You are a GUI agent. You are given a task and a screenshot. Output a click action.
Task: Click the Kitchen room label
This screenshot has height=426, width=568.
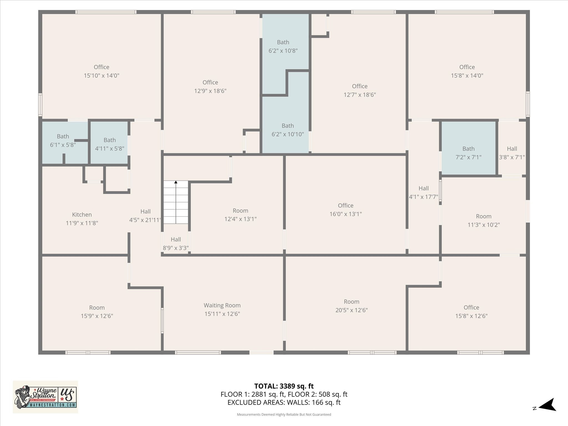click(82, 215)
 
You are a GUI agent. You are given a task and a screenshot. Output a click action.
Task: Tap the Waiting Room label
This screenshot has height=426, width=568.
click(222, 305)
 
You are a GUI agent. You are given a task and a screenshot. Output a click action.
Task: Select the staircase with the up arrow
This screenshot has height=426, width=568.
click(176, 202)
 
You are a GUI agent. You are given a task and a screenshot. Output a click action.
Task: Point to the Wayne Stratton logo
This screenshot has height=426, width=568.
click(45, 397)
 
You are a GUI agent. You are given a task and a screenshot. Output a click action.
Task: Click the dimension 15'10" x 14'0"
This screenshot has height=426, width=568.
click(102, 75)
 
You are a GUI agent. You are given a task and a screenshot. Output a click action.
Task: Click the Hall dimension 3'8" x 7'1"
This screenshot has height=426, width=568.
click(512, 157)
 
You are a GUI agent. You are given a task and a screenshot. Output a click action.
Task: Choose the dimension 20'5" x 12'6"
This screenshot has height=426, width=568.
click(351, 310)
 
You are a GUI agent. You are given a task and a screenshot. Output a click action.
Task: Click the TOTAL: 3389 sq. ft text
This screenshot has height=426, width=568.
click(284, 386)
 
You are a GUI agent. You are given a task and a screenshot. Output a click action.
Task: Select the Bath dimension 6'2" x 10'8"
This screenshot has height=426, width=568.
click(283, 51)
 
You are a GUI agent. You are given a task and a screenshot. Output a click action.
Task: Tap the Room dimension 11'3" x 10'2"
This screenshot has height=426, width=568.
click(484, 225)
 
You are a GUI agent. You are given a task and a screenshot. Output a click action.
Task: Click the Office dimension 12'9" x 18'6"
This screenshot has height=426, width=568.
click(210, 91)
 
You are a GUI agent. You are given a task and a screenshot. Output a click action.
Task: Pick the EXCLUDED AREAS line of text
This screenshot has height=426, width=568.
click(284, 402)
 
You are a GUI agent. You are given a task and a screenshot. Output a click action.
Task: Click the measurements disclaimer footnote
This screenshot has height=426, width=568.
click(284, 414)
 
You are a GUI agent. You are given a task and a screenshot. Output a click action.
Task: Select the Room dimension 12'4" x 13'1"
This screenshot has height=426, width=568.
click(240, 219)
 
